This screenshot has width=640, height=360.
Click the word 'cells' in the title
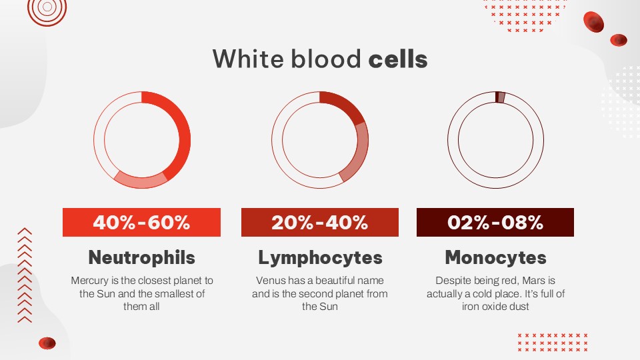[x=397, y=59]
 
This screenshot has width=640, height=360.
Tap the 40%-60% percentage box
[x=141, y=222]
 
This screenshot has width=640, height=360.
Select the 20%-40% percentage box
[x=320, y=222]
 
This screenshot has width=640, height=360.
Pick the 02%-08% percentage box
[x=495, y=222]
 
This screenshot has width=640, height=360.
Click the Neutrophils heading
[x=141, y=257]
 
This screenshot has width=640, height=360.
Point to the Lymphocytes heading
[x=320, y=257]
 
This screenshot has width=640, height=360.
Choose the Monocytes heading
[x=495, y=257]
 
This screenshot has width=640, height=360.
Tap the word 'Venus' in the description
[x=269, y=281]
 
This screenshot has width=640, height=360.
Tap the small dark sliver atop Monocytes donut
[x=497, y=97]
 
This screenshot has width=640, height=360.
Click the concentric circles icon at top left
[x=47, y=8]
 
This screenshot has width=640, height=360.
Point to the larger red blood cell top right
[x=593, y=22]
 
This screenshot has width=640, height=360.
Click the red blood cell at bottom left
[x=47, y=343]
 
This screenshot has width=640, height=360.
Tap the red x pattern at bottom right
[x=553, y=342]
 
